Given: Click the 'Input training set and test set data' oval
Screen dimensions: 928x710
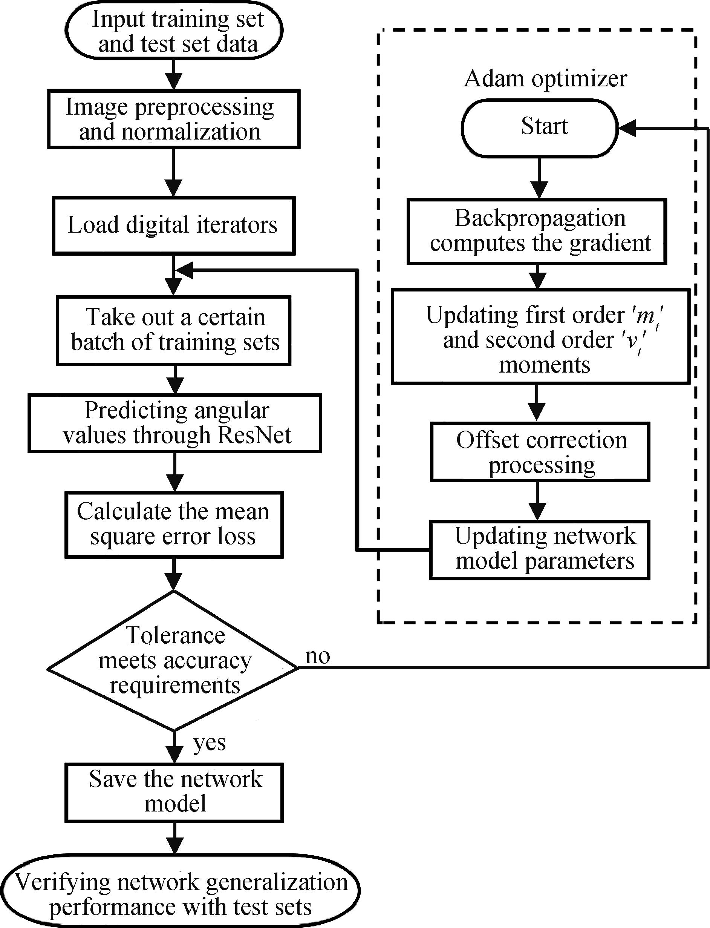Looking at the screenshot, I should point(174,31).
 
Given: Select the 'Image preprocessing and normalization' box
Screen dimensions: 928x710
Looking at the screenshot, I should point(174,119).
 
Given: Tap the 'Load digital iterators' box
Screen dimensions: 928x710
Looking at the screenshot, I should point(174,226).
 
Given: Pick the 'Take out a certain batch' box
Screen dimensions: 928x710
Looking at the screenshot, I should point(174,330).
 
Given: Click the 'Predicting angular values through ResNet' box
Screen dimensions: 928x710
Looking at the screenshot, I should point(175,423).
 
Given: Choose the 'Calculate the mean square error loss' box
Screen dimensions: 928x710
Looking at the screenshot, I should point(174,525).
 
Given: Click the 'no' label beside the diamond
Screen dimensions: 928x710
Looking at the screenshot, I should point(317,657).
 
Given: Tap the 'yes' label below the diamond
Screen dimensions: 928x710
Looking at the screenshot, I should point(209,743).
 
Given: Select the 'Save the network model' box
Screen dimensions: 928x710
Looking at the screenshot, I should point(174,792).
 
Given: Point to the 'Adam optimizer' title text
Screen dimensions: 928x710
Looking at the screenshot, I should point(545,79).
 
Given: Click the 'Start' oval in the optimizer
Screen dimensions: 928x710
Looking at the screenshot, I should point(540,128).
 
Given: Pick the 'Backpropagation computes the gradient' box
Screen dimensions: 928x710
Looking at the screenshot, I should point(537,231).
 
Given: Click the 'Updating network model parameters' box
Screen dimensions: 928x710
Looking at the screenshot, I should point(540,550).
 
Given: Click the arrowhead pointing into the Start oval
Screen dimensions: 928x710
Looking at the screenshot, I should point(626,128).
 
